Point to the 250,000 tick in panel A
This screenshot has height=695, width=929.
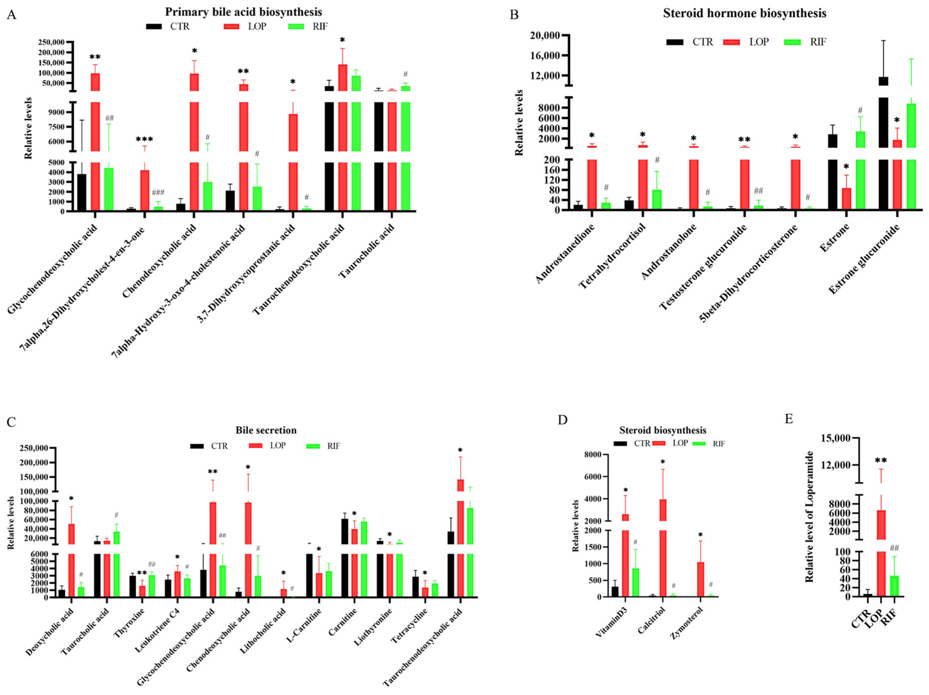(x=51, y=42)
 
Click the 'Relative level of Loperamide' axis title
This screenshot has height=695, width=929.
(x=809, y=517)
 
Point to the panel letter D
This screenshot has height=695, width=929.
(x=562, y=420)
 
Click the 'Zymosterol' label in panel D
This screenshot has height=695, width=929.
(x=686, y=623)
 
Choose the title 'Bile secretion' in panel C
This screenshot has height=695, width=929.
(x=266, y=430)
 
